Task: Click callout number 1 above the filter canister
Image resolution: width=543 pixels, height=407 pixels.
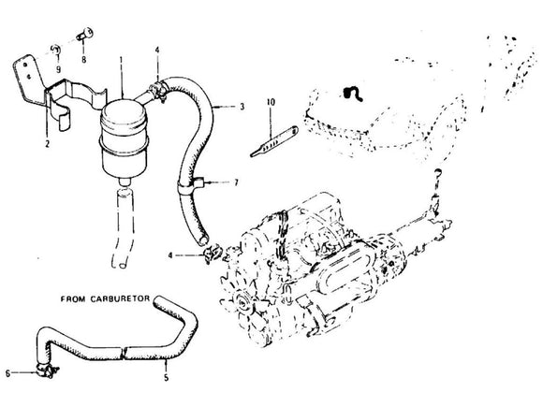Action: pyautogui.click(x=121, y=61)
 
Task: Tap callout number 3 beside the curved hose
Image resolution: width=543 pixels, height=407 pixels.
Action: pyautogui.click(x=242, y=109)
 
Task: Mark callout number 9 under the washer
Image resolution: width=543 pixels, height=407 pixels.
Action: pyautogui.click(x=57, y=69)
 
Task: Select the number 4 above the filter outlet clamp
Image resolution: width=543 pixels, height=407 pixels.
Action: pyautogui.click(x=156, y=49)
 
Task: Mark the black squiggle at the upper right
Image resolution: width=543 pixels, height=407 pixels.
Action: pyautogui.click(x=354, y=94)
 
